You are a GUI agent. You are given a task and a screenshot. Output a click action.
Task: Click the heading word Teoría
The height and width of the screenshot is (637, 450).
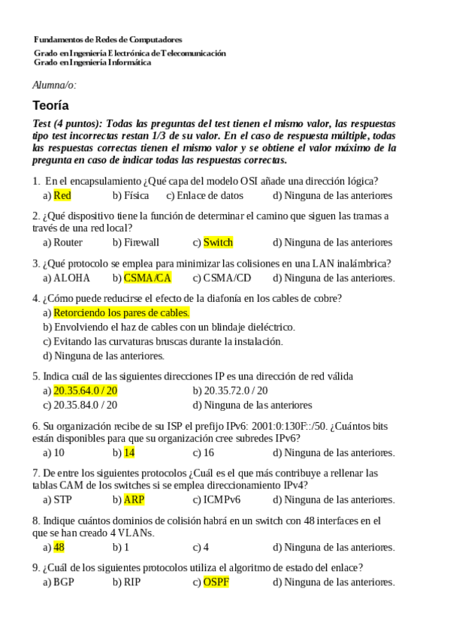click(x=51, y=106)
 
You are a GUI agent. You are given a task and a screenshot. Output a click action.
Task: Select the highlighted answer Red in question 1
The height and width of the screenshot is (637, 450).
click(x=62, y=195)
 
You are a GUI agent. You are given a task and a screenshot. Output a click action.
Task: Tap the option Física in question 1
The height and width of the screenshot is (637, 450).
click(x=135, y=195)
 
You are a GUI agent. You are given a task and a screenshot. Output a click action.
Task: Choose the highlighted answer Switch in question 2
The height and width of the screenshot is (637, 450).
click(x=218, y=243)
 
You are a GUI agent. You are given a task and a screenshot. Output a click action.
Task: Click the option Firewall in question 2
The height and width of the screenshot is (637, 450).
click(x=141, y=243)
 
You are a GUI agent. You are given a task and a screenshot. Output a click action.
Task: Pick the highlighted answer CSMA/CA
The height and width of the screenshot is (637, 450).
click(x=147, y=278)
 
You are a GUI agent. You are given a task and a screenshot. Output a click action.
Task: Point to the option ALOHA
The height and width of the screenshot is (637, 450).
click(x=71, y=278)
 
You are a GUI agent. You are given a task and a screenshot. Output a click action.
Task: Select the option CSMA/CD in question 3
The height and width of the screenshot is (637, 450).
click(x=227, y=278)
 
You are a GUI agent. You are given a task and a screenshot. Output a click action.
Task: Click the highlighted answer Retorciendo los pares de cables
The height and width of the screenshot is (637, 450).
click(x=121, y=312)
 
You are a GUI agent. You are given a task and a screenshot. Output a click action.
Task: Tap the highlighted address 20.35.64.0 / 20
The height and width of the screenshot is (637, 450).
click(x=85, y=391)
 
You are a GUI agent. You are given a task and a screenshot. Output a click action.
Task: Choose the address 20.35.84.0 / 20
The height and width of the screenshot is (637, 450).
click(x=85, y=405)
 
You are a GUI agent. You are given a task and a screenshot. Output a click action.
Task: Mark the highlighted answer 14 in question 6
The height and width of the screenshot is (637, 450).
click(x=129, y=452)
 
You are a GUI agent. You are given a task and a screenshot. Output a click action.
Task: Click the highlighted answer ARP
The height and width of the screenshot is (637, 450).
click(x=134, y=500)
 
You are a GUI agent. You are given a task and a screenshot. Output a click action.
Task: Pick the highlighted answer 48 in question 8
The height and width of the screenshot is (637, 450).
click(x=59, y=547)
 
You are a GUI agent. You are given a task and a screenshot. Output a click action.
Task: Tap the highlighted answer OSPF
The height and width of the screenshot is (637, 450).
click(x=216, y=582)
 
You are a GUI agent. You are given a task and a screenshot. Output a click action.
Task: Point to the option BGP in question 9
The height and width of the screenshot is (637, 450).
click(x=64, y=582)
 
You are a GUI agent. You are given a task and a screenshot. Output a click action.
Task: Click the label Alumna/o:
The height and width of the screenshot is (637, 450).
click(x=55, y=85)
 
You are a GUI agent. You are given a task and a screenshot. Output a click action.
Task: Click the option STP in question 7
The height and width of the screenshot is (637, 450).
click(x=62, y=500)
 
